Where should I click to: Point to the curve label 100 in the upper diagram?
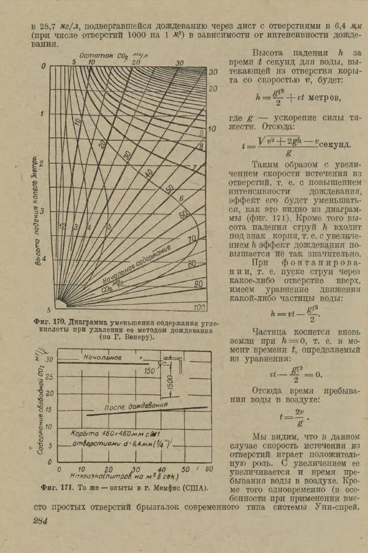[x=199, y=307]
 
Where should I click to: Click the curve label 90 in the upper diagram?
[x=197, y=284]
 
